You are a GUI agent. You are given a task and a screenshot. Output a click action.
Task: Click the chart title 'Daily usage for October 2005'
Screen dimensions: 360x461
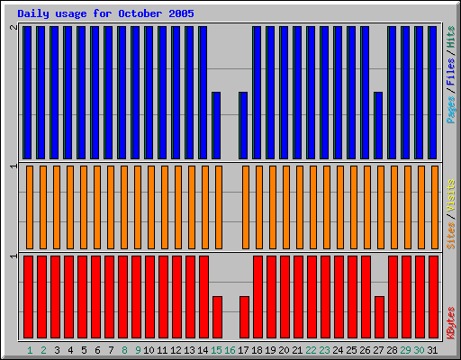click(x=105, y=14)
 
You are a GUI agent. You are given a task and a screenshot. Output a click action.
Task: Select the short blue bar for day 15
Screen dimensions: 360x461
click(x=216, y=124)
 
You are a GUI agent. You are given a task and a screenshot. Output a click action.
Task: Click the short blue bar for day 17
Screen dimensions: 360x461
click(x=243, y=124)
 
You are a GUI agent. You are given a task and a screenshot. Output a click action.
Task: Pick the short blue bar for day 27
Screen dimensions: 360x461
click(x=378, y=124)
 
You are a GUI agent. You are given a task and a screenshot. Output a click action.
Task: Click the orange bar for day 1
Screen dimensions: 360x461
click(x=30, y=207)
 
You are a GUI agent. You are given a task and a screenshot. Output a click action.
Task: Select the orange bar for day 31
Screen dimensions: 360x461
click(x=433, y=207)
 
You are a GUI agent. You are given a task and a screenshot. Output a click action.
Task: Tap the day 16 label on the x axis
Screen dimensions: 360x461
click(x=230, y=350)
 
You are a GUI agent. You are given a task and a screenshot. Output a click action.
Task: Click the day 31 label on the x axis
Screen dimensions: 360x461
click(x=433, y=350)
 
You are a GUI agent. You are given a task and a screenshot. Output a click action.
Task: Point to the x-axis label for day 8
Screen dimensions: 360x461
click(x=124, y=350)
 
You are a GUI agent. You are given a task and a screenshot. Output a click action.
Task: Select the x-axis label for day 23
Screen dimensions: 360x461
click(x=325, y=350)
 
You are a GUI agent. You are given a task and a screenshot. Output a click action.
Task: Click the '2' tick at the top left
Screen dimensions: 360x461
click(x=13, y=29)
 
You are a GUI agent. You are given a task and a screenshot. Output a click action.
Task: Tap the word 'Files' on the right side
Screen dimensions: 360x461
click(x=450, y=73)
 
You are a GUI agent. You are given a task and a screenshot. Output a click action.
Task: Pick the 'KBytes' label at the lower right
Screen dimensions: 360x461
click(x=450, y=321)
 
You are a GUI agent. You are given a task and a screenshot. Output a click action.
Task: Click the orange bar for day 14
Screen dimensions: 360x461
click(x=204, y=207)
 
